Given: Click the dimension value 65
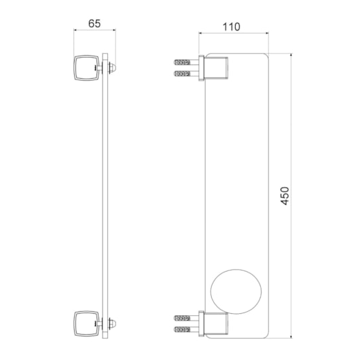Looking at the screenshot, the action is click(94, 23).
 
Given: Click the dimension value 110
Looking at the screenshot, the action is click(232, 27).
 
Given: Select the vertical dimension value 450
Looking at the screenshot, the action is click(285, 196).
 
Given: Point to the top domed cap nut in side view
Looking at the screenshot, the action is click(113, 68).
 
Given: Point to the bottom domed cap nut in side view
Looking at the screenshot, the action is click(113, 324).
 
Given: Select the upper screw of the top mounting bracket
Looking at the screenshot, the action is click(186, 62).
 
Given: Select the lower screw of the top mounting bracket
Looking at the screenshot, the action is click(186, 73).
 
